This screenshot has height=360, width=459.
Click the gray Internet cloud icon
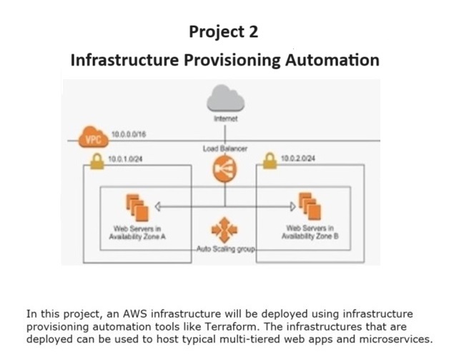point(223,99)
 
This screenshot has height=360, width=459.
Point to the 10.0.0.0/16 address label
point(130,134)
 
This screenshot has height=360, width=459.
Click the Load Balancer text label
point(223,148)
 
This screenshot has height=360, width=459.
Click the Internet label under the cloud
point(223,117)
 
